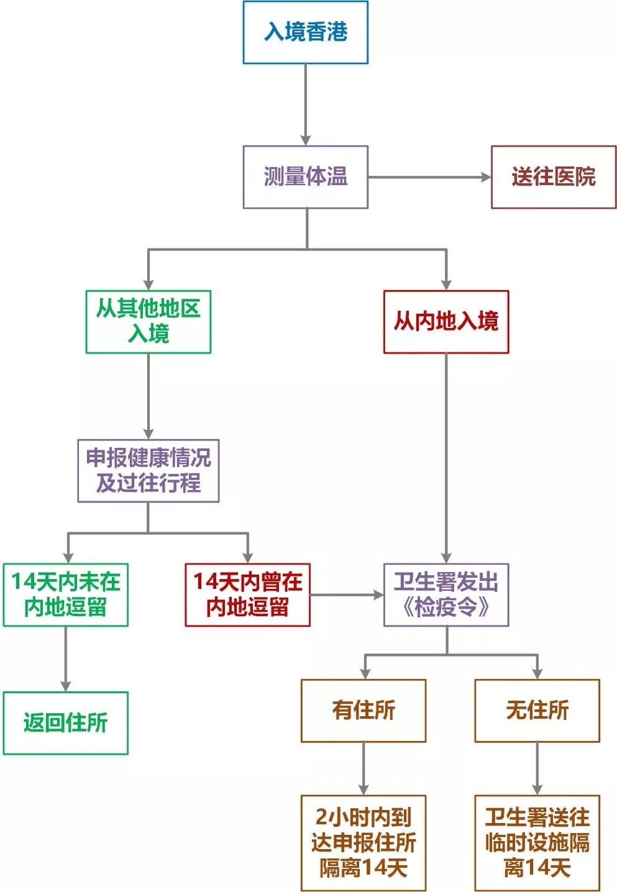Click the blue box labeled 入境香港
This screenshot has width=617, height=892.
305,32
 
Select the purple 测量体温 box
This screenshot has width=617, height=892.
305,177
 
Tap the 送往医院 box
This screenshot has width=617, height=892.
553,177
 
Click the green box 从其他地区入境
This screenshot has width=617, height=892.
149,322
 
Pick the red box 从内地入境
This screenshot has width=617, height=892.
446,322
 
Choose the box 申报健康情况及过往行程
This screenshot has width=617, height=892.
149,471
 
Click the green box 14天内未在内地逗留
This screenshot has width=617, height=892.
66,594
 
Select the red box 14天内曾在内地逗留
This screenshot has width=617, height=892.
247,594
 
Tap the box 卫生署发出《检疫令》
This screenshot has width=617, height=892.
446,594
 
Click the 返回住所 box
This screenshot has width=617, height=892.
66,723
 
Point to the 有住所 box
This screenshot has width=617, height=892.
363,711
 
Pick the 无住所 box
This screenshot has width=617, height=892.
537,711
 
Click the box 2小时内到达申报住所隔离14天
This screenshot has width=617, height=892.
363,843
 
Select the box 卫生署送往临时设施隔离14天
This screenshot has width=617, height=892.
537,843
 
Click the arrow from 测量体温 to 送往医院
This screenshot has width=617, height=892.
429,177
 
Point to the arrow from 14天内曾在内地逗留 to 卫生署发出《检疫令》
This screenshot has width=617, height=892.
347,594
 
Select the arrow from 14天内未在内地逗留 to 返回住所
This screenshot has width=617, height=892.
66,658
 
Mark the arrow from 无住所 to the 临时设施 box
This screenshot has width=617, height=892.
537,768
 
